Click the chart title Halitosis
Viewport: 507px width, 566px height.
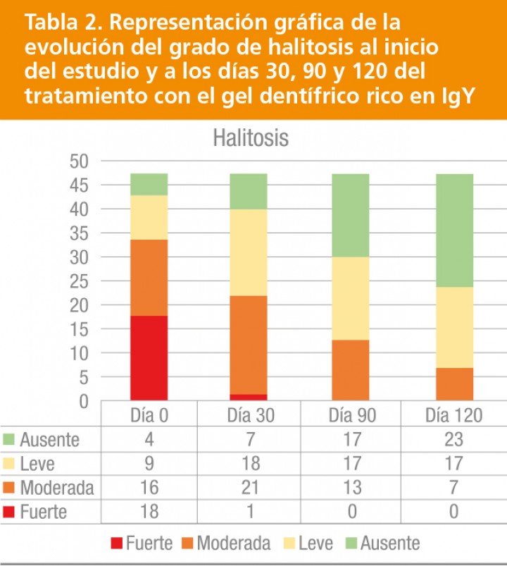(x=251, y=138)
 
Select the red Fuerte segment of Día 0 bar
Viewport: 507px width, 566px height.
(x=149, y=358)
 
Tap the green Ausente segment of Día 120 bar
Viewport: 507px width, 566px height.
(x=454, y=230)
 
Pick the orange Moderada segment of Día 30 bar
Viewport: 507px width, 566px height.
(x=249, y=345)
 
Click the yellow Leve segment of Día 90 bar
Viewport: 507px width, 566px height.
(x=351, y=298)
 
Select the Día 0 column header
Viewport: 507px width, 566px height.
(x=149, y=415)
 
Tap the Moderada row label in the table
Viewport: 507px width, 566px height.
(x=56, y=487)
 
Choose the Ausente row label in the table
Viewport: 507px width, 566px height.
(x=49, y=440)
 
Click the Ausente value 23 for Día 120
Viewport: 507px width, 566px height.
(x=453, y=440)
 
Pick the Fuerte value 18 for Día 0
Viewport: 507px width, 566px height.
(x=149, y=510)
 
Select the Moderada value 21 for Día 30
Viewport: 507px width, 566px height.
(x=249, y=487)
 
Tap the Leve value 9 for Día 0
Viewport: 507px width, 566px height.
(x=149, y=463)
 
